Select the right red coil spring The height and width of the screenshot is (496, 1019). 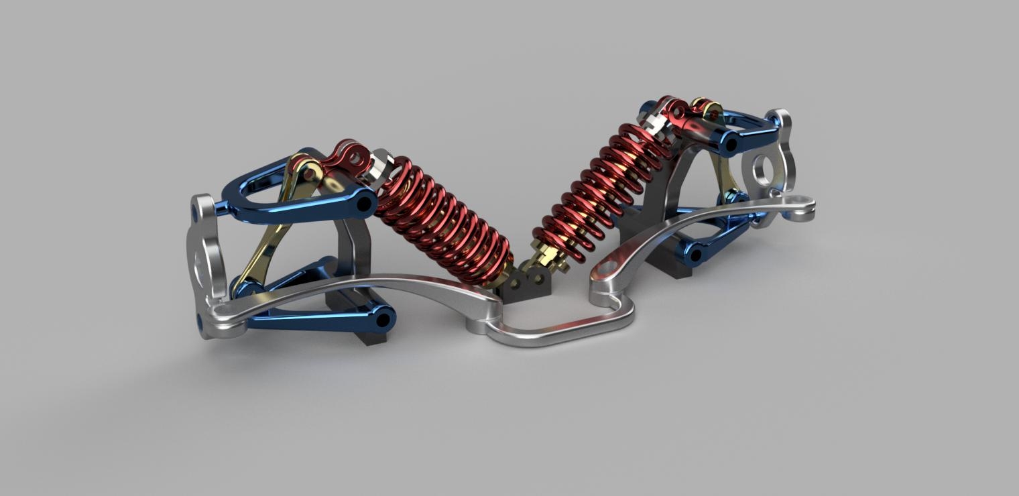tap(597, 188)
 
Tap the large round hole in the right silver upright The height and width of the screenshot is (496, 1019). tap(762, 170)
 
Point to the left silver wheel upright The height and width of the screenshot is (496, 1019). tap(206, 261)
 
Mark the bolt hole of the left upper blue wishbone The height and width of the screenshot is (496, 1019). tap(366, 204)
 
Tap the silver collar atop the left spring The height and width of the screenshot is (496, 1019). tap(381, 169)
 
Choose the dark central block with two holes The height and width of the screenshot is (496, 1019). tap(526, 285)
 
